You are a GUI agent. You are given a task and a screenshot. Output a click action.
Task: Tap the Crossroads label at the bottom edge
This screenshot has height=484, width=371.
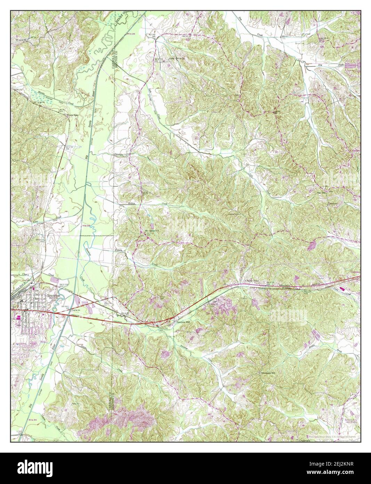click(306, 440)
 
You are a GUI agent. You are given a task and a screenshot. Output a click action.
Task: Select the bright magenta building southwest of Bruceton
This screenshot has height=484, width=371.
click(17, 317)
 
